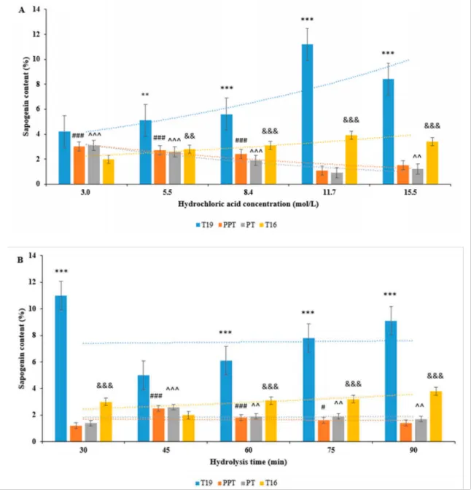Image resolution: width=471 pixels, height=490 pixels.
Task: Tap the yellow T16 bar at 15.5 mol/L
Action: click(432, 163)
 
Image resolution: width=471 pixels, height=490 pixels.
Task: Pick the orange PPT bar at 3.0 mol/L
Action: click(79, 166)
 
